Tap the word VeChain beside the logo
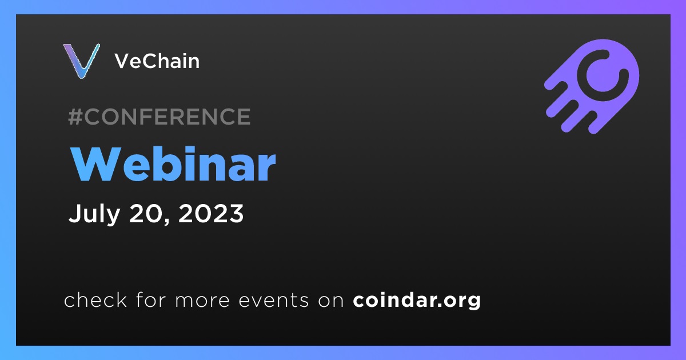tap(157, 61)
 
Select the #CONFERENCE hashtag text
tap(159, 117)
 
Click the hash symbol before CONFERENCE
tap(75, 117)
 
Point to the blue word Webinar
tap(173, 164)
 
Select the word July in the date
tap(94, 214)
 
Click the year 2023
tap(211, 213)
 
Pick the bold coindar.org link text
tap(417, 301)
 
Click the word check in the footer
tap(95, 299)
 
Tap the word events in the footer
tap(274, 301)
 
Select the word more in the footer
tap(202, 301)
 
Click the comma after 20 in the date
tap(167, 221)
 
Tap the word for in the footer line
tap(151, 299)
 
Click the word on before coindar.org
tap(331, 301)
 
